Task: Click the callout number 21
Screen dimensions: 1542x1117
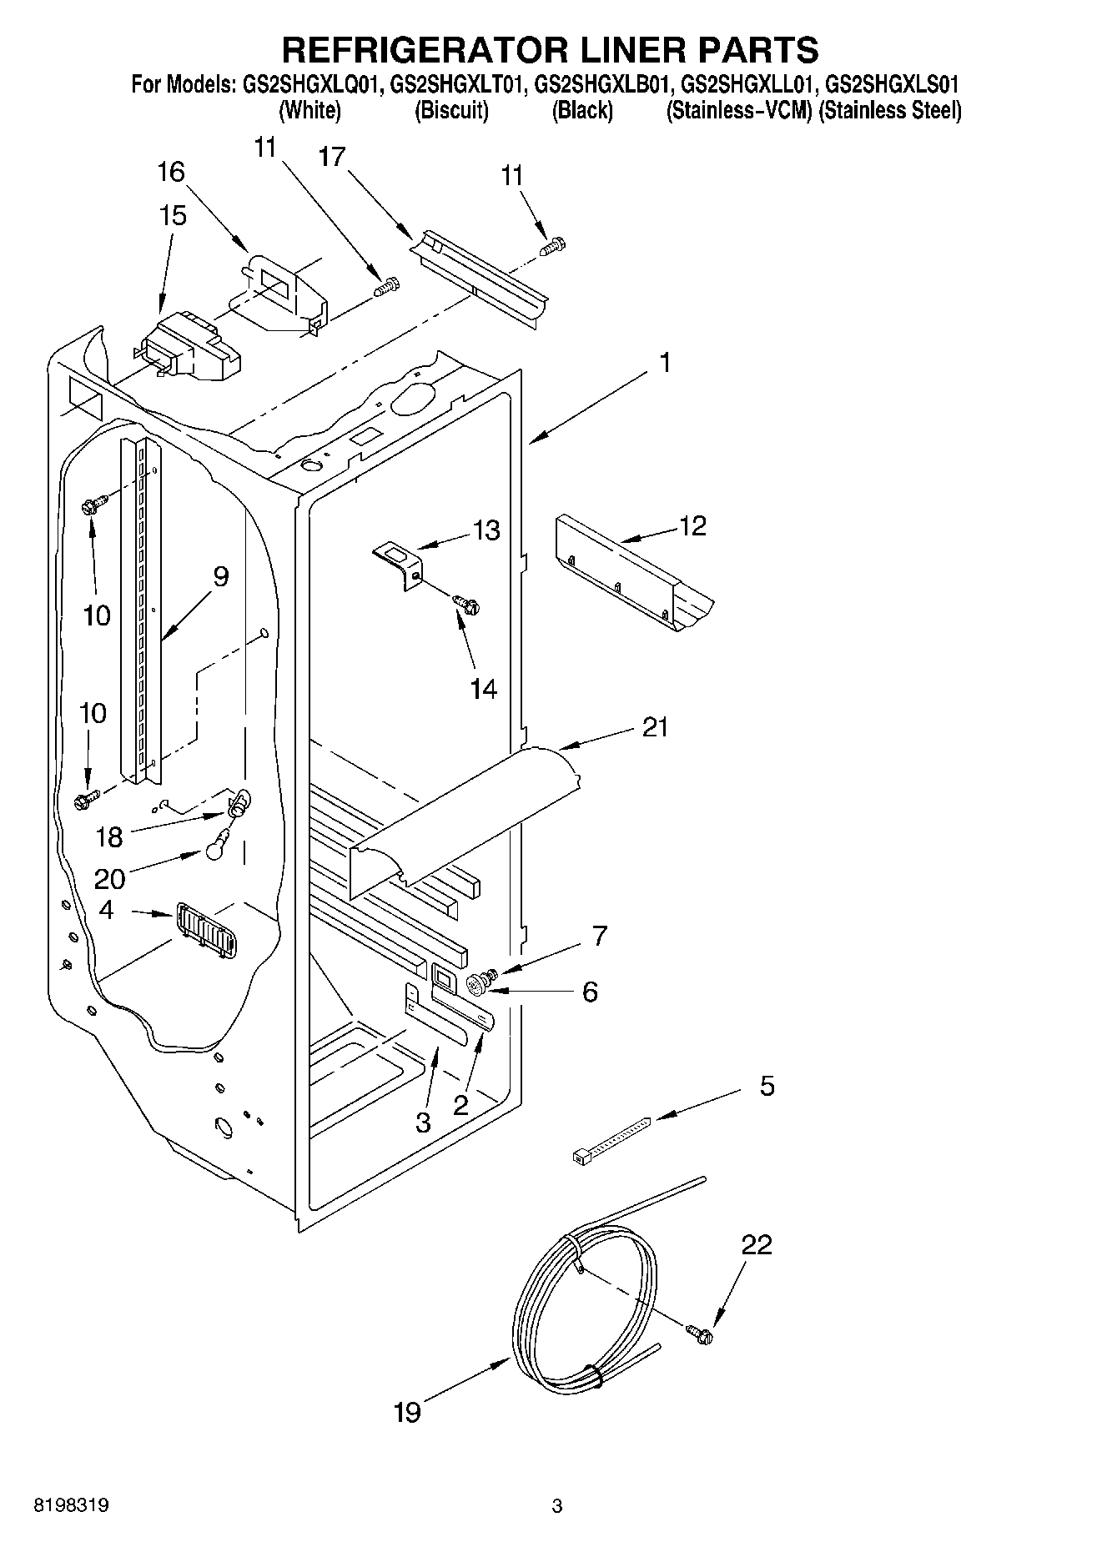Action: pos(656,727)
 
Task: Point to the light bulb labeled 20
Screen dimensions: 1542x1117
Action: pos(214,847)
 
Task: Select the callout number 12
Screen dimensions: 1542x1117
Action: pos(692,525)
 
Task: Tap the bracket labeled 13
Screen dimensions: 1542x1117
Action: pos(401,565)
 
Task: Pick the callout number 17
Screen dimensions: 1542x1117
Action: pos(332,157)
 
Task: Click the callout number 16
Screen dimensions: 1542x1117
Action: pos(171,173)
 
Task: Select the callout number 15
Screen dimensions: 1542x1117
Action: pos(173,216)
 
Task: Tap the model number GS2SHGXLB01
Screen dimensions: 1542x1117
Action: pos(603,84)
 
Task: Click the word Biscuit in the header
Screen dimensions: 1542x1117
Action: pos(451,110)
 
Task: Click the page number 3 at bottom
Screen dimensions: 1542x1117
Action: pos(557,1506)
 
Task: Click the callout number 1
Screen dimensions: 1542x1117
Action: pos(664,363)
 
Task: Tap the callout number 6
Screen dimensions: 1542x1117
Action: pos(590,992)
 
